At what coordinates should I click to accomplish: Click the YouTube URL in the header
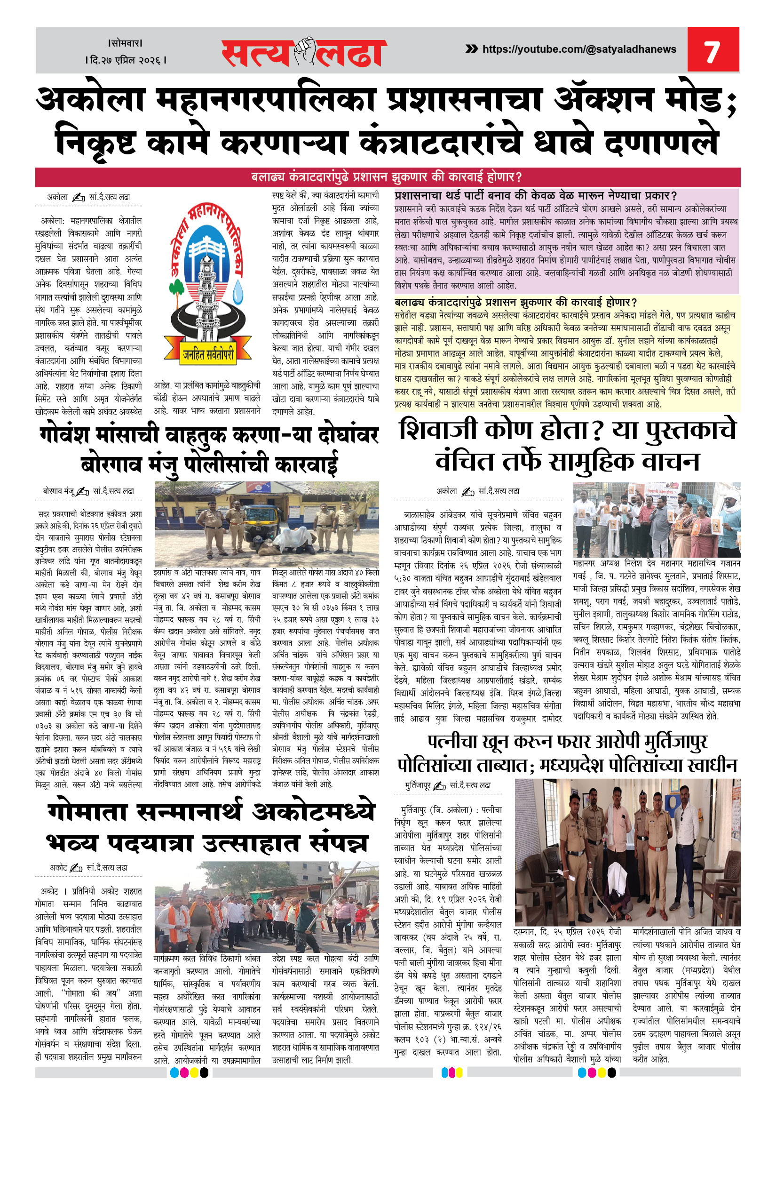point(579,49)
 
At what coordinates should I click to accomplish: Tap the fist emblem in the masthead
point(304,51)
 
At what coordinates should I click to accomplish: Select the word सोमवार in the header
point(126,43)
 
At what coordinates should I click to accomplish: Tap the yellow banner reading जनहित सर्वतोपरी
point(208,354)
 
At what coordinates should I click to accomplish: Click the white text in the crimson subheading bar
point(387,177)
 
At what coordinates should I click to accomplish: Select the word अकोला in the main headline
point(91,100)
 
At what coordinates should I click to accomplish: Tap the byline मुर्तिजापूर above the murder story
point(418,785)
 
